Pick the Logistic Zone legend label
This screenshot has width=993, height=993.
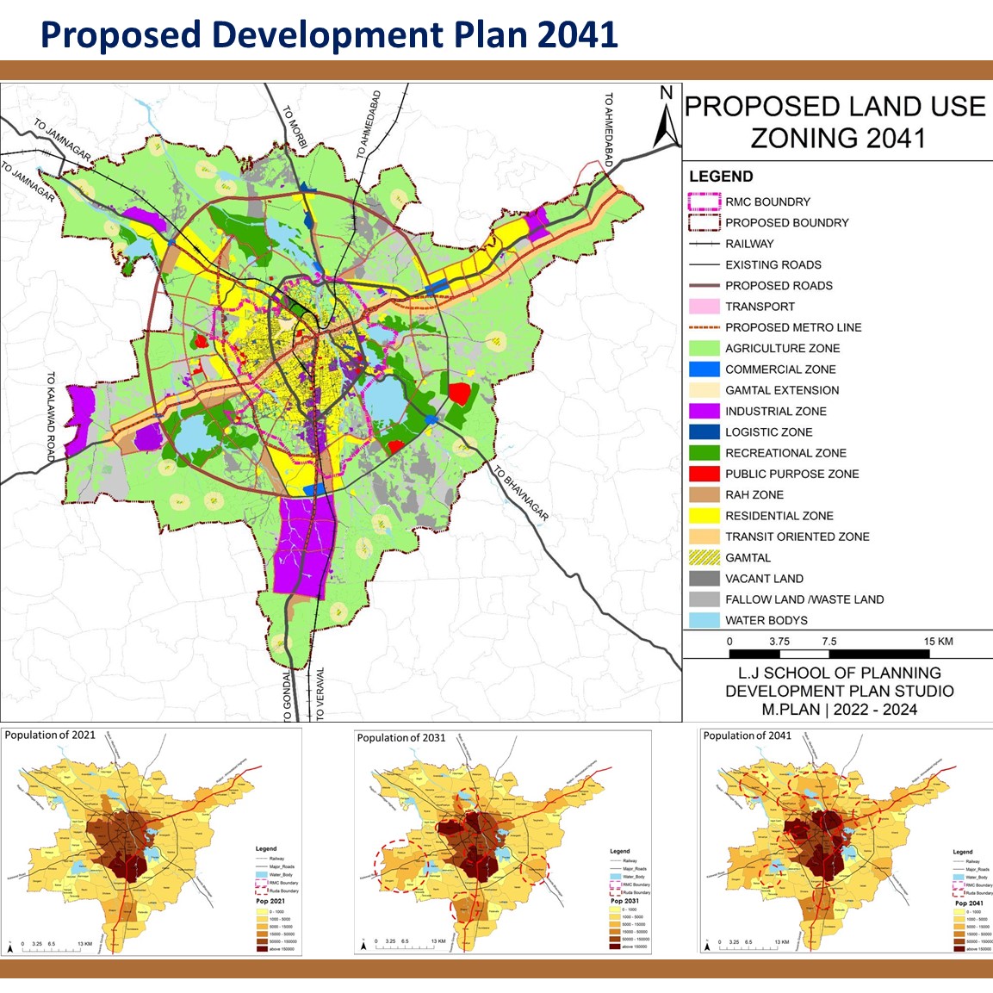pyautogui.click(x=768, y=432)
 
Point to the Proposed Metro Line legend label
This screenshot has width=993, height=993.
pyautogui.click(x=792, y=327)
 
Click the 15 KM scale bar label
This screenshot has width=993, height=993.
pyautogui.click(x=938, y=642)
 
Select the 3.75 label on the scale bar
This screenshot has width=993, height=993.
pyautogui.click(x=779, y=642)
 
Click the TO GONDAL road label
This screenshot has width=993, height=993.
pyautogui.click(x=288, y=693)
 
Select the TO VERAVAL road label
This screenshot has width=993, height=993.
pyautogui.click(x=320, y=693)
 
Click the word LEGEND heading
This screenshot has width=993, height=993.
pyautogui.click(x=721, y=177)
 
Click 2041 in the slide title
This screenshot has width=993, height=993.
pyautogui.click(x=577, y=34)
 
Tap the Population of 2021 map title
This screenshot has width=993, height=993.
pyautogui.click(x=50, y=735)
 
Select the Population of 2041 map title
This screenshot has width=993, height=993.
pyautogui.click(x=747, y=735)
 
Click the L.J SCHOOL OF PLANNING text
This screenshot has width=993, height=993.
pyautogui.click(x=839, y=673)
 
